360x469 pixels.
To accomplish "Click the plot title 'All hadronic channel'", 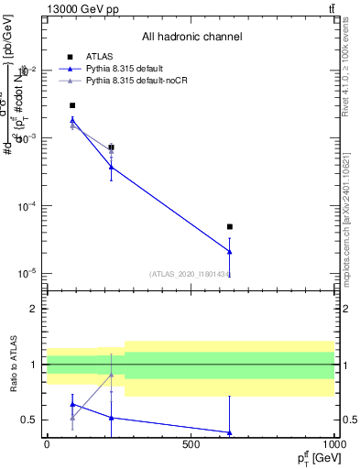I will (191, 37).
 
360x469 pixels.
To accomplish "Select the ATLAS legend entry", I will (100, 56).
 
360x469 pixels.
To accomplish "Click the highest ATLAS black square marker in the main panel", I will (72, 105).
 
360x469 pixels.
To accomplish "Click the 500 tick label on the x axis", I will (191, 446).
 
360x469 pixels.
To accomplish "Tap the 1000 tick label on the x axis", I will (333, 446).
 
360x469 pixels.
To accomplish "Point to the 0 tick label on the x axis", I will (47, 446).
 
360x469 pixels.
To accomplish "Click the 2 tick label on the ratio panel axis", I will (34, 310).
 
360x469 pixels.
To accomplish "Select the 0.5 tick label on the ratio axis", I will (29, 420).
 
